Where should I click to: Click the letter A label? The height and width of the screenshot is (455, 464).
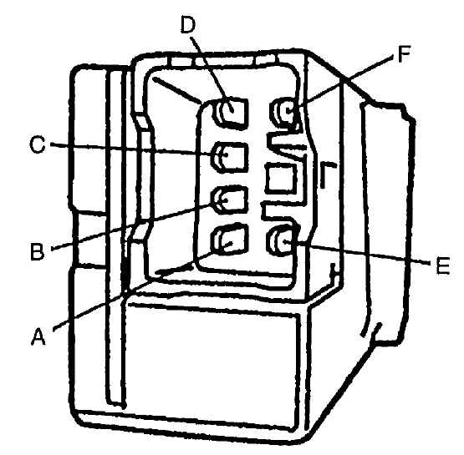(38, 336)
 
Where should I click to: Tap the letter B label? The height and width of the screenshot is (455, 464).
(38, 251)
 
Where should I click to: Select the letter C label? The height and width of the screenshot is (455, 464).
(38, 144)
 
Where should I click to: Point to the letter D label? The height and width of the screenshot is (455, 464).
(188, 24)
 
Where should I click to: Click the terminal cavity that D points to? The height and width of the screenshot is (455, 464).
(231, 113)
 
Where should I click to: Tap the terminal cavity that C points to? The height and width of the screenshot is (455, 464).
(229, 157)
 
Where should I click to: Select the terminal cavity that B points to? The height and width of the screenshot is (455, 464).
(229, 200)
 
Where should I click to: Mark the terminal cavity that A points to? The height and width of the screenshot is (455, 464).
(229, 240)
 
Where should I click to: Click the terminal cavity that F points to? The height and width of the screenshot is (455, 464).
(284, 112)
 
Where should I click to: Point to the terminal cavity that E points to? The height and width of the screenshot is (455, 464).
(282, 240)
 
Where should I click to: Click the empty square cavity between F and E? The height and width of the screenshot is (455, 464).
(281, 179)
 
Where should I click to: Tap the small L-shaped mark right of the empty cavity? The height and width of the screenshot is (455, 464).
(327, 174)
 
